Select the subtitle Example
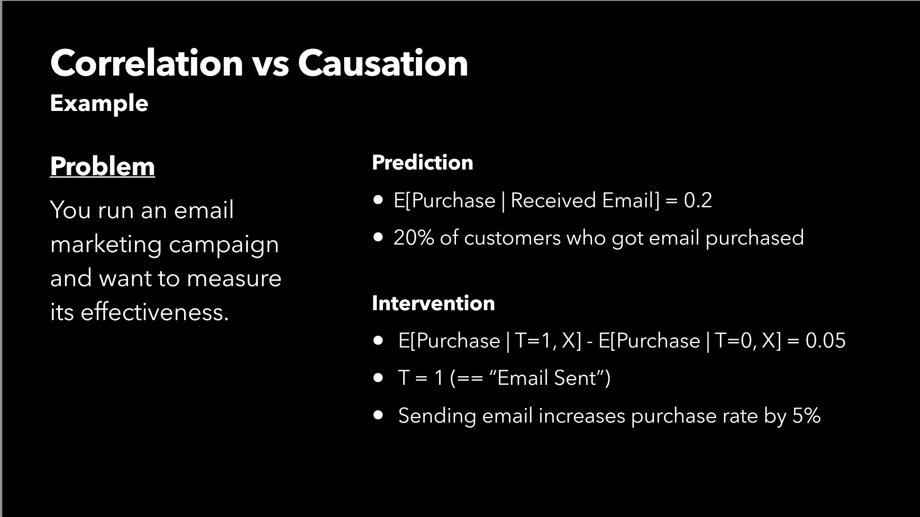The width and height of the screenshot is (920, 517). click(99, 103)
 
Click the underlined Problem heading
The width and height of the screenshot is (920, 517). click(102, 166)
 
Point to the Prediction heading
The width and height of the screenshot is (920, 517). click(422, 162)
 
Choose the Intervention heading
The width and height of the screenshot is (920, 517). click(433, 303)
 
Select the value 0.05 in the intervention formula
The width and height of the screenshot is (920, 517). click(826, 340)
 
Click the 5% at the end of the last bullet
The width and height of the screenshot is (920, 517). click(807, 415)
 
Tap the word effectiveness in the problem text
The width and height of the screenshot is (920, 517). click(155, 312)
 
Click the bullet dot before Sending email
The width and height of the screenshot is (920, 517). click(378, 415)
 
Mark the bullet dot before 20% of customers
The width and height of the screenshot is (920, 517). click(378, 237)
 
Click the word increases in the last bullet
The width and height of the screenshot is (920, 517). click(582, 415)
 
